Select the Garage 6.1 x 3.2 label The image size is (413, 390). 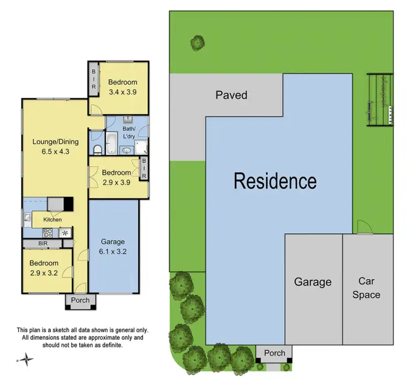coord(113,246)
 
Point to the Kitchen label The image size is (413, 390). coord(52,220)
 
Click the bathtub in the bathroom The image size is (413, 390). coord(111,141)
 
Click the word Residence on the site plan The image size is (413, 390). coord(275,181)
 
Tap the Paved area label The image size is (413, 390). coord(231,95)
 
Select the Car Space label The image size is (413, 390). coord(366,287)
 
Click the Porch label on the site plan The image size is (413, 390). coord(274,353)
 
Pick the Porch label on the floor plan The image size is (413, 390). coord(80,301)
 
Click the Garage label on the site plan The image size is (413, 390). coord(312,282)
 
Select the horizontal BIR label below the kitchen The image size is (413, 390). coord(42,243)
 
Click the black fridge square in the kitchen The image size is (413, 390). coord(68,204)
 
